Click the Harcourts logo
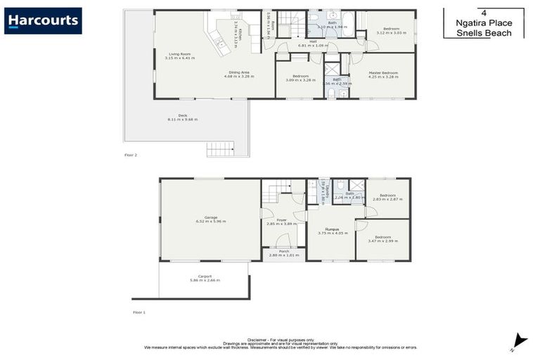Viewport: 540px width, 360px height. tap(43, 20)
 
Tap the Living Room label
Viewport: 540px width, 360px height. tap(179, 54)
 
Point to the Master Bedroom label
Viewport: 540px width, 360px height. tap(383, 73)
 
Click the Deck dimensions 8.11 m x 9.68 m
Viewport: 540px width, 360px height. tap(182, 120)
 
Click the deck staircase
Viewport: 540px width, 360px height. tap(220, 148)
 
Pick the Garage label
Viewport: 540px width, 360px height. tap(210, 218)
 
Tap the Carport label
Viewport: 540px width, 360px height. tap(205, 276)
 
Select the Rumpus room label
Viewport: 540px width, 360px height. tap(328, 229)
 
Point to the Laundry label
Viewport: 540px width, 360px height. tap(323, 190)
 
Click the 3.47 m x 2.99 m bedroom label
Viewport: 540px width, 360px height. tap(382, 237)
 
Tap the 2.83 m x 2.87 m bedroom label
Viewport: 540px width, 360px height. tap(387, 195)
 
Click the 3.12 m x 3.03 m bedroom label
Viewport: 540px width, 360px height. tap(391, 30)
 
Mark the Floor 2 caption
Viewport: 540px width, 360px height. tap(131, 154)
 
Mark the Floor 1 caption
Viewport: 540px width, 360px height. tap(139, 311)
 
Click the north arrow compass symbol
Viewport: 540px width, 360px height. tap(519, 341)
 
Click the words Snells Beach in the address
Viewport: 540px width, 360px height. tap(483, 33)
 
